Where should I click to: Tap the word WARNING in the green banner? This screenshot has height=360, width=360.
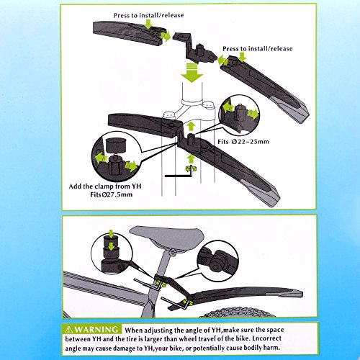pyautogui.click(x=97, y=329)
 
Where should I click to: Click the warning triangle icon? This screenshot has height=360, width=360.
pyautogui.click(x=69, y=329)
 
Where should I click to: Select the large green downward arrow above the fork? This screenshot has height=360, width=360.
pyautogui.click(x=192, y=72)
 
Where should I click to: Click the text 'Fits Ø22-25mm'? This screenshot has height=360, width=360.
pyautogui.click(x=243, y=142)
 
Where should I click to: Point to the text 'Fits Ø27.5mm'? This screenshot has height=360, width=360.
pyautogui.click(x=112, y=194)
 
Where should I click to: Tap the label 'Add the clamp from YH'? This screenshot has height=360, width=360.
pyautogui.click(x=105, y=186)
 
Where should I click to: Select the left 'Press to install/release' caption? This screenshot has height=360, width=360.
pyautogui.click(x=148, y=15)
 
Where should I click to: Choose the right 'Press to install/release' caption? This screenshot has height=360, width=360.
pyautogui.click(x=258, y=49)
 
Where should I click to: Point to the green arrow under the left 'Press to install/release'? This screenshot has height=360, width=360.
pyautogui.click(x=149, y=24)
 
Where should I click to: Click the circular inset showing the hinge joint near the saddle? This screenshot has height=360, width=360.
pyautogui.click(x=217, y=261)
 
